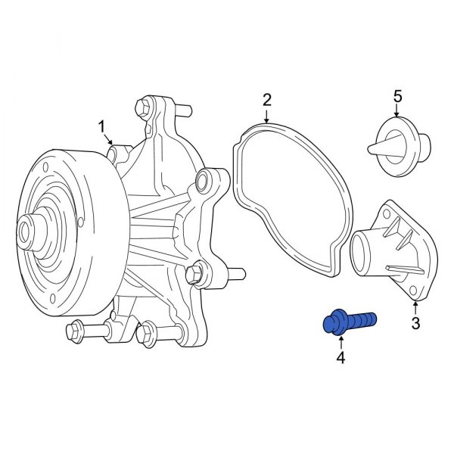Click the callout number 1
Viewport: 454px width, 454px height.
(x=103, y=126)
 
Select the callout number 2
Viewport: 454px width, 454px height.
(x=266, y=98)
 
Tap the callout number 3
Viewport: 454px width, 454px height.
(x=415, y=325)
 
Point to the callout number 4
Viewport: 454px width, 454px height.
(x=340, y=357)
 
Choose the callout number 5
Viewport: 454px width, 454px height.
(x=397, y=96)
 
